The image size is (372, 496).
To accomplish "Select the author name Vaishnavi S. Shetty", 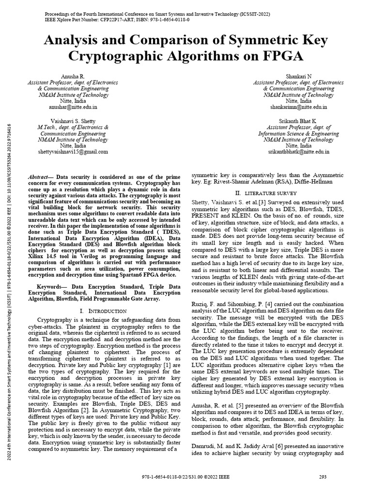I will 73,120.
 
